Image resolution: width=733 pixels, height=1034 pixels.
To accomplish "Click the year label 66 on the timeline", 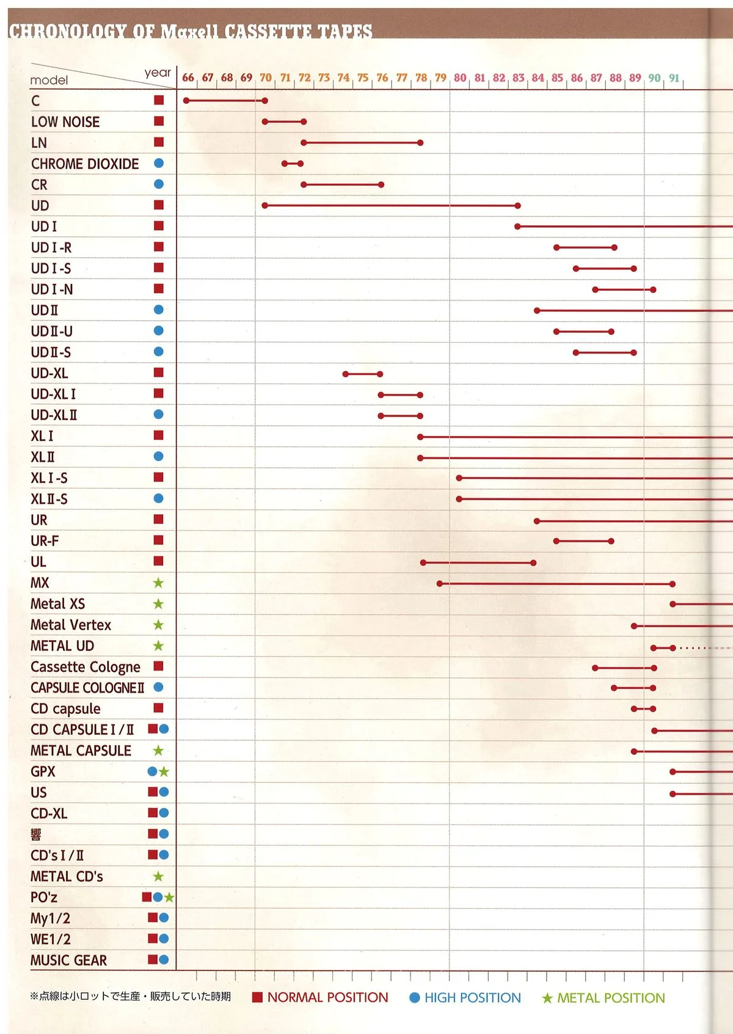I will point(188,78).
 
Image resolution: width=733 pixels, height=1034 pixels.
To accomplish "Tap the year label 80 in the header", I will point(459,78).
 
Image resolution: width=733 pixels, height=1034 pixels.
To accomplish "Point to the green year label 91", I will point(674,78).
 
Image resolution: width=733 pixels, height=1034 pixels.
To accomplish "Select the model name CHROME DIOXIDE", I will point(85,164).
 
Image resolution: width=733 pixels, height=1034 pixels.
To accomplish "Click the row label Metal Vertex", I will point(71,625).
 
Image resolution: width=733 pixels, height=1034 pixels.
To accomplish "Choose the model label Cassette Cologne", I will point(86,667).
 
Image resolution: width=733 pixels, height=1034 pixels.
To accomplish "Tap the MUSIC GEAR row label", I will point(68,960).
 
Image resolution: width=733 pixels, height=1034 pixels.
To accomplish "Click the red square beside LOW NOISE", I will point(159,121).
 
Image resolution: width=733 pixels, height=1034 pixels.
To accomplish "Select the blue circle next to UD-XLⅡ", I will point(159,414).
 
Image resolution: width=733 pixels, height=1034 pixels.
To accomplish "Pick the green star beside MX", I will point(158,583).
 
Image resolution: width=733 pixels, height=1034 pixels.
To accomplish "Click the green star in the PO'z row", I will point(169,897).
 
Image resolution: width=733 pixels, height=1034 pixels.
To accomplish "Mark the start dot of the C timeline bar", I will point(186,100).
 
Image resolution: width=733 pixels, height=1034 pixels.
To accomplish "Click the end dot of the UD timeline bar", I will point(517,206).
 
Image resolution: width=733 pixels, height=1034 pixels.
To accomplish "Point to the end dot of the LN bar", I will point(420,143).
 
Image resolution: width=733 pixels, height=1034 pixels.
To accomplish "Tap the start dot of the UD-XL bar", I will point(345,374).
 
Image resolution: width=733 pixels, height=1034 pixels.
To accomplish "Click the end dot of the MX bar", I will point(673,584).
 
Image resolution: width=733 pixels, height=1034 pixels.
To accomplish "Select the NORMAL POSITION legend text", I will point(327,997).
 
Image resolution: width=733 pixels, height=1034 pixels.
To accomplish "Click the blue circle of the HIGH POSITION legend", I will point(415,997).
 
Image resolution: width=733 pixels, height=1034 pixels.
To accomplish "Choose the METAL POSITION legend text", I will point(611,998).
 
